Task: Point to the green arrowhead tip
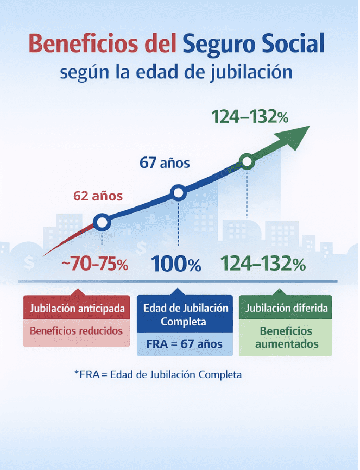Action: coord(308,127)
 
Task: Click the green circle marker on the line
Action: coord(247,161)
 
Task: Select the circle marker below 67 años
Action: coord(178,192)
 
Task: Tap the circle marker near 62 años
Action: coord(102,222)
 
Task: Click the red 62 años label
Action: coord(98,196)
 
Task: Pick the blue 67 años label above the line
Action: coord(165,162)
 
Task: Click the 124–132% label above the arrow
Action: coord(250,117)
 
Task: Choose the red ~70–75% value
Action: coord(94,265)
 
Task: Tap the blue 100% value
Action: coord(176,265)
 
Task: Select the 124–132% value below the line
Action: coord(263,265)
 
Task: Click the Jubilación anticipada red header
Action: coord(77,309)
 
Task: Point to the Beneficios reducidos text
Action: coord(77,330)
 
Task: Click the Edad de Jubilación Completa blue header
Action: coord(185,315)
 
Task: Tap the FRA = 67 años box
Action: coord(185,344)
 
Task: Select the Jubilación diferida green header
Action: coord(286,308)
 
